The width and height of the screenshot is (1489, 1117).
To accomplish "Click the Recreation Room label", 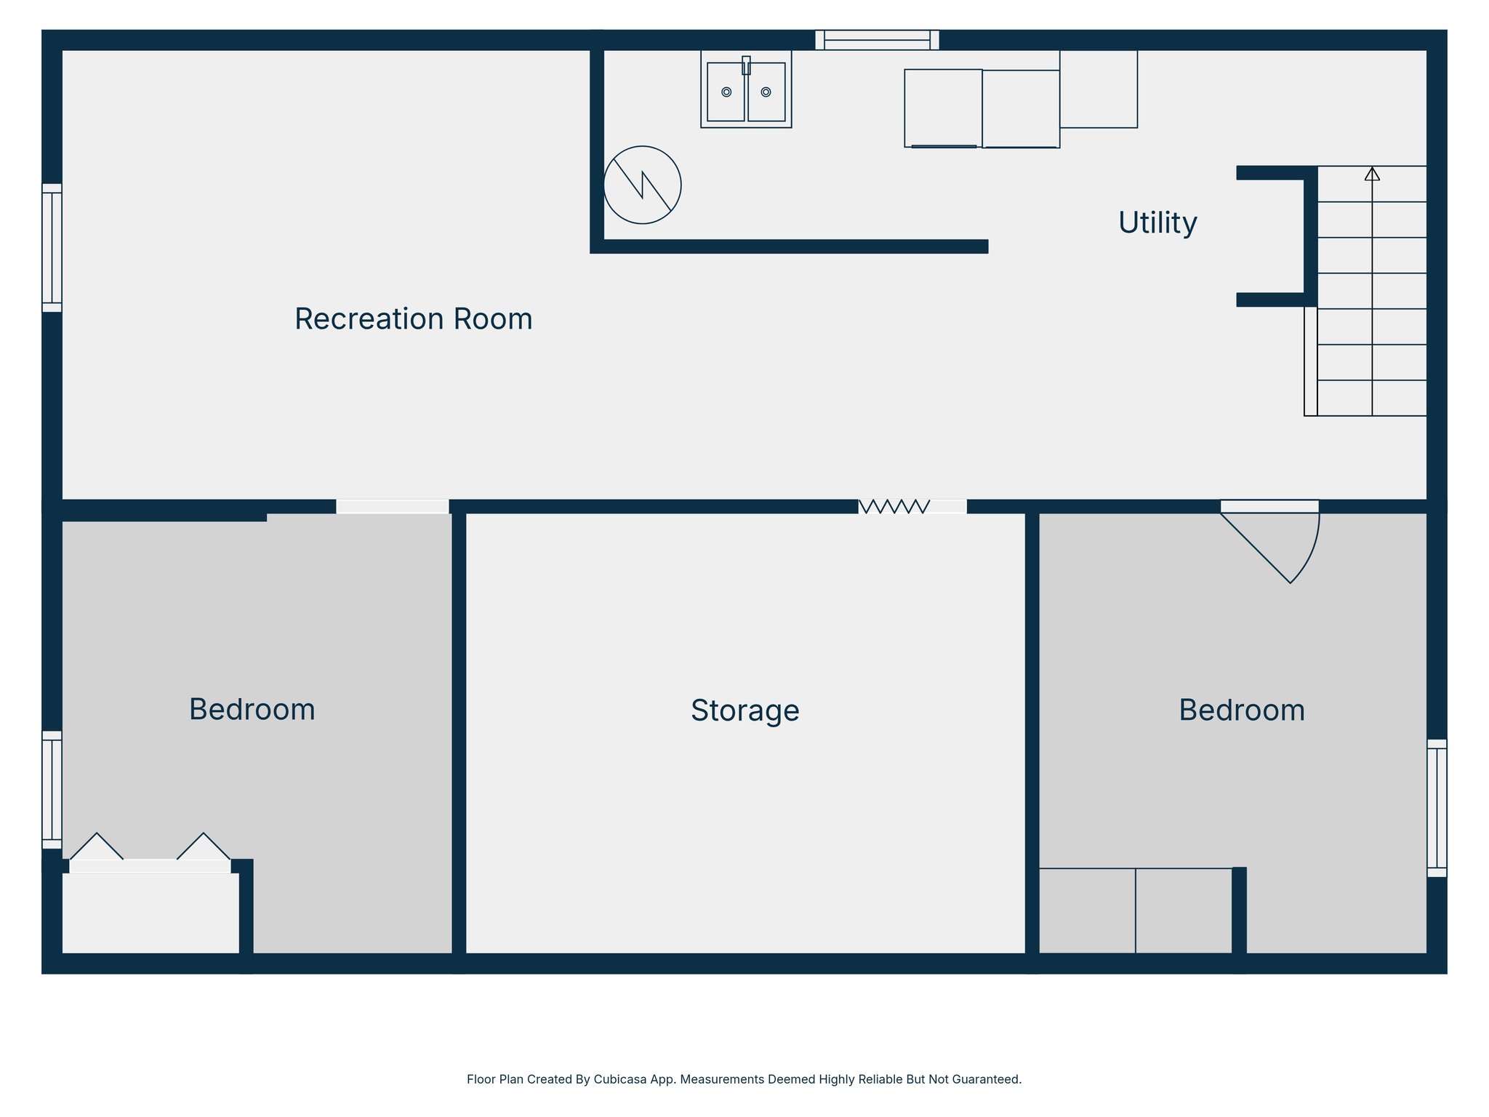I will click(413, 319).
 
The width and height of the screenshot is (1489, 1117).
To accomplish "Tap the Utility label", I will click(1157, 223).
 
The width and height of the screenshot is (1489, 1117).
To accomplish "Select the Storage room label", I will click(744, 710).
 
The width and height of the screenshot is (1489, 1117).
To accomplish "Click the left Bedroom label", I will click(252, 710).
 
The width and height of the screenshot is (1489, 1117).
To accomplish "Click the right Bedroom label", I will click(1241, 710).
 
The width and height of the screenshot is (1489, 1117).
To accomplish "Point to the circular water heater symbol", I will click(642, 185).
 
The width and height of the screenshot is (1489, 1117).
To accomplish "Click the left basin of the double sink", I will click(726, 92).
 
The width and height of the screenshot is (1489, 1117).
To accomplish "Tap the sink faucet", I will click(746, 65).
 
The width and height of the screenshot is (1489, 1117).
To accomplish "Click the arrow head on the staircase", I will click(1372, 174).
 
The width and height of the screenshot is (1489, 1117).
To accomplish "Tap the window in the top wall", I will click(877, 40).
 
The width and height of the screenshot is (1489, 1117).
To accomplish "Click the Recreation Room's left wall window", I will click(52, 248).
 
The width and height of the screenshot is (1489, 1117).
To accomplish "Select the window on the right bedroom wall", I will click(1437, 808).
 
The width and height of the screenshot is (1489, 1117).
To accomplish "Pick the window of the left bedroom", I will click(52, 790).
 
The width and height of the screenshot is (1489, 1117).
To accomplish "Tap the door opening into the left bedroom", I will click(392, 507).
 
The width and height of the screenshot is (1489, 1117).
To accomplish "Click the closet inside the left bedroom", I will click(150, 913).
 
